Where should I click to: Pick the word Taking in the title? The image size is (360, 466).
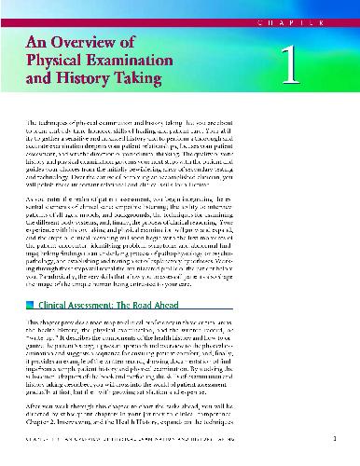154,89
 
